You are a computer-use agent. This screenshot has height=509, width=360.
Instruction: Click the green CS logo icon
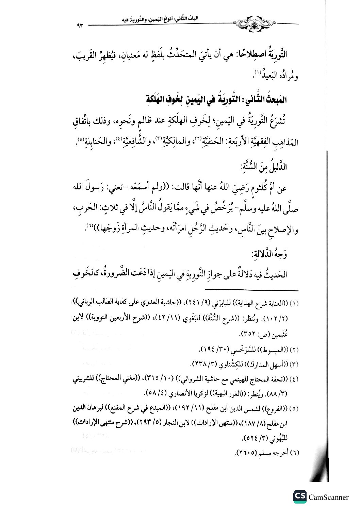coord(300,497)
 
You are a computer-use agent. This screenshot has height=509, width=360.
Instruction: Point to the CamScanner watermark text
coord(329,497)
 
